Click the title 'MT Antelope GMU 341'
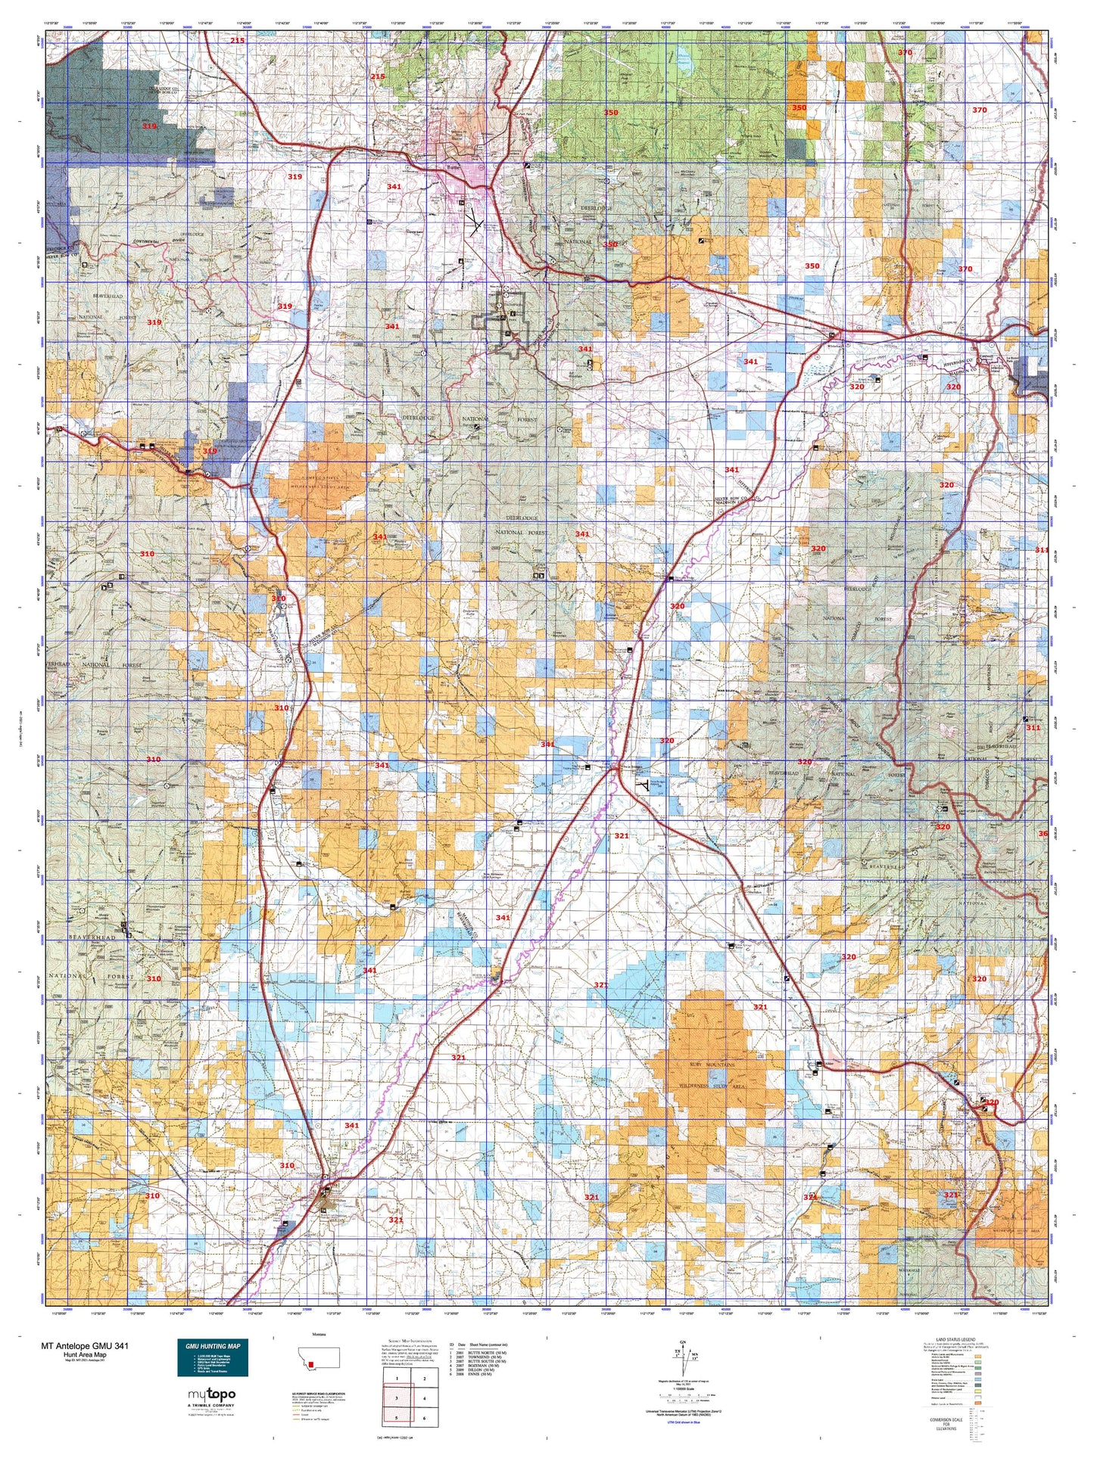[85, 1346]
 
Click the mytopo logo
[212, 1394]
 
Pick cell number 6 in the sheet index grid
[425, 1419]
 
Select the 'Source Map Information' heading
[410, 1339]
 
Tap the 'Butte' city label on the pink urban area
[454, 171]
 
